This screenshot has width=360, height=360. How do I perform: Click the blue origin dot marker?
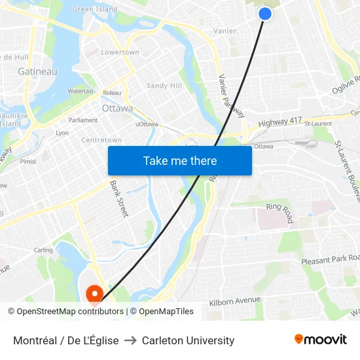pos(264,13)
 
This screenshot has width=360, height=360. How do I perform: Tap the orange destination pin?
pos(95,295)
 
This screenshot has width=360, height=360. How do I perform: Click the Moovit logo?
pos(320,340)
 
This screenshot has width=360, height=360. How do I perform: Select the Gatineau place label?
pos(37,71)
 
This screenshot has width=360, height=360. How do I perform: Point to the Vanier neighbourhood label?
pos(225,31)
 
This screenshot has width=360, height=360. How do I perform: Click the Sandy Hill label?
pos(164,86)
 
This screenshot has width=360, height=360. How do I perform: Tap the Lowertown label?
pos(120,52)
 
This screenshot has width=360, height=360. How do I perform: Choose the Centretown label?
pos(101,140)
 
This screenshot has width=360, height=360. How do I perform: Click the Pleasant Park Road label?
pos(330,260)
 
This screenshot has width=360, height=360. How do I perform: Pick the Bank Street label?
pos(119,198)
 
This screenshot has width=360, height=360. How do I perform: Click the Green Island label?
pos(95,9)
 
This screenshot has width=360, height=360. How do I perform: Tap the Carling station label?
pos(43,250)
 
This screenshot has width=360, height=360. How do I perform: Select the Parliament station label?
pos(83,120)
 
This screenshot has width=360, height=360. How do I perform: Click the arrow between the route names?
pos(130,340)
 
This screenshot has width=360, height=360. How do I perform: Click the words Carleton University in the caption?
pos(188,340)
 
